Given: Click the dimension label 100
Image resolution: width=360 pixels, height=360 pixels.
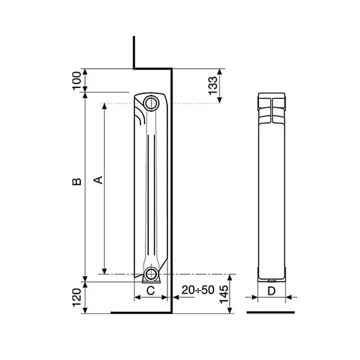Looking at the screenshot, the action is point(77,81).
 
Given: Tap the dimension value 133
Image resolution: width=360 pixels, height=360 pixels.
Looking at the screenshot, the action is point(212,85).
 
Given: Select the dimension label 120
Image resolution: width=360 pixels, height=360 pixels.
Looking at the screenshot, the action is point(77,297).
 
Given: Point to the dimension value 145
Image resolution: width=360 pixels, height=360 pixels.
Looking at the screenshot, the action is point(224,295).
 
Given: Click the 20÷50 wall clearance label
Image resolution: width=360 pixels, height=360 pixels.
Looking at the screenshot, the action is point(198,290).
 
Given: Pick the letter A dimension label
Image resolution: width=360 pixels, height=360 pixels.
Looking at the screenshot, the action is point(98,180).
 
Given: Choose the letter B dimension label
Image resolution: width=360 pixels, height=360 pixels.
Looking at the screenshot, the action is point(77,181).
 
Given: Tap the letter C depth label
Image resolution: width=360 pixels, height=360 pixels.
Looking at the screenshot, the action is point(151,291).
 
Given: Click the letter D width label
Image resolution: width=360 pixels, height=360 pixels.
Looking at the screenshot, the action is point(272,291).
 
